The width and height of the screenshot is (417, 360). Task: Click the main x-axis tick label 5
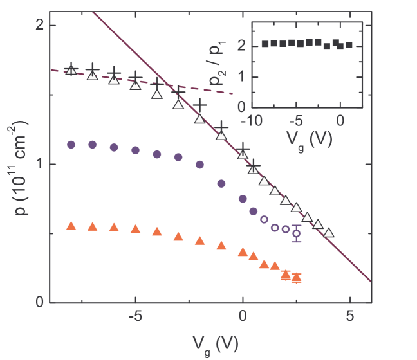click(349, 318)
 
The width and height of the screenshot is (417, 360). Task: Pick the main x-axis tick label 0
click(243, 318)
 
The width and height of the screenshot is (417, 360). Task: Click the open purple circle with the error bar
click(297, 233)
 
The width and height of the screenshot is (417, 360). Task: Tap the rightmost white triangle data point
click(329, 233)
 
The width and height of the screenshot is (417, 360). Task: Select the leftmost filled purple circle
click(71, 145)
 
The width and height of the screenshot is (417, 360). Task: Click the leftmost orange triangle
click(71, 226)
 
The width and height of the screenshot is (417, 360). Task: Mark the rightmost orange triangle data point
click(297, 278)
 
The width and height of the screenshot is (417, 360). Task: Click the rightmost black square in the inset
click(349, 45)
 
